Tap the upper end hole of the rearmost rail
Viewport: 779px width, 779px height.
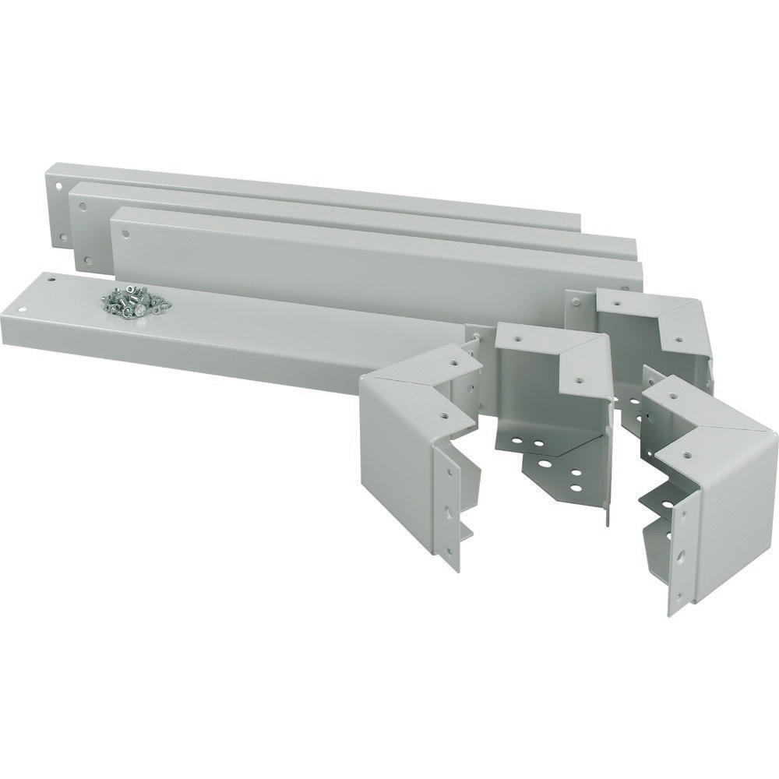point(59,186)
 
